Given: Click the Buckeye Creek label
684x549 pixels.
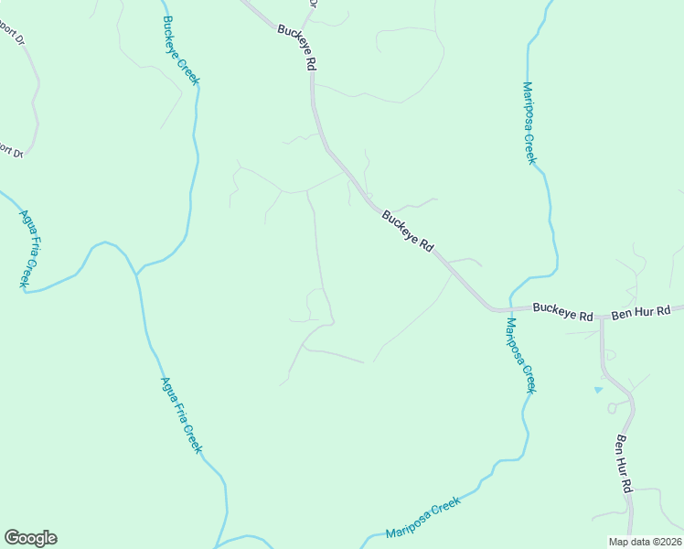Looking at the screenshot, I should pyautogui.click(x=181, y=50).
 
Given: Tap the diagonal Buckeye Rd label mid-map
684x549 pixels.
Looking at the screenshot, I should pyautogui.click(x=407, y=231).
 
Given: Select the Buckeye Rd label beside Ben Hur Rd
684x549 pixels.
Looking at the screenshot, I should pyautogui.click(x=563, y=312).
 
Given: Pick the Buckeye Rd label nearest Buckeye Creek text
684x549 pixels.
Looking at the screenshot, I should pyautogui.click(x=298, y=48).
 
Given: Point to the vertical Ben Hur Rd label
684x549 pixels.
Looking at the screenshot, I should pyautogui.click(x=625, y=465).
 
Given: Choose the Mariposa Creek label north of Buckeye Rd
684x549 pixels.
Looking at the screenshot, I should pyautogui.click(x=529, y=123).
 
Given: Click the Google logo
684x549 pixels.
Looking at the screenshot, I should pyautogui.click(x=30, y=538).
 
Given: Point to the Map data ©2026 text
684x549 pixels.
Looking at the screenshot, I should pyautogui.click(x=646, y=542).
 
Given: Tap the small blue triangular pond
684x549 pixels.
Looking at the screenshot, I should pyautogui.click(x=599, y=390).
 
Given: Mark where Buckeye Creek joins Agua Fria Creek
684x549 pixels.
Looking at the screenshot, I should pyautogui.click(x=137, y=273).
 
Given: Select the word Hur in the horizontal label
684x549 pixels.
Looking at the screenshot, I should pyautogui.click(x=643, y=312).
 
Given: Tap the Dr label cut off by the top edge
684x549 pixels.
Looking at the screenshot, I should pyautogui.click(x=312, y=4).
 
